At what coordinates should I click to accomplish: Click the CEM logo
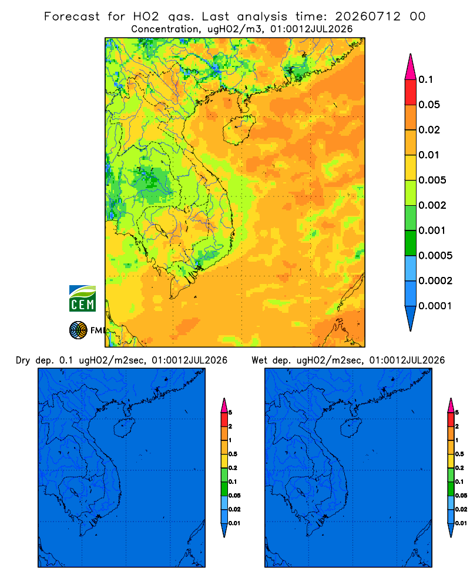tap(82, 299)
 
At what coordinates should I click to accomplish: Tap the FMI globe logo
tap(78, 330)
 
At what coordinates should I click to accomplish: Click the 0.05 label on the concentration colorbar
tap(429, 105)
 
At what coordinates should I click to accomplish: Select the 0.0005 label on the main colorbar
tap(435, 256)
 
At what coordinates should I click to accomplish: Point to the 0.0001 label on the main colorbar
tap(435, 306)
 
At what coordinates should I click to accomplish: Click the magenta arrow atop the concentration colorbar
tap(411, 66)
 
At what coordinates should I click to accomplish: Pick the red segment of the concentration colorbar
tap(411, 92)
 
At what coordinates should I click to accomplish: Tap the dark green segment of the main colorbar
tap(411, 243)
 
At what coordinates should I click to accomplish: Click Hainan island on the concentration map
tap(239, 129)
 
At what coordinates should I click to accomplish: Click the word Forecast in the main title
tap(72, 16)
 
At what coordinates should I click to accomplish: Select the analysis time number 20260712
tap(368, 16)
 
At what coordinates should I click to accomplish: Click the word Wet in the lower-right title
tap(259, 360)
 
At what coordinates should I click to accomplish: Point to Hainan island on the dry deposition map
tap(124, 428)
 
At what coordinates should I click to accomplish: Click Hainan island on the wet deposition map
tap(351, 428)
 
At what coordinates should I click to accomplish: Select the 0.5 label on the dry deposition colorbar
tap(233, 454)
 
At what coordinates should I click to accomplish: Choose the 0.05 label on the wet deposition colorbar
tap(461, 496)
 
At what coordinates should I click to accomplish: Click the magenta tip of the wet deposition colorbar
tap(451, 405)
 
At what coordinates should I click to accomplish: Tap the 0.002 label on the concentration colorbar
tap(432, 205)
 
